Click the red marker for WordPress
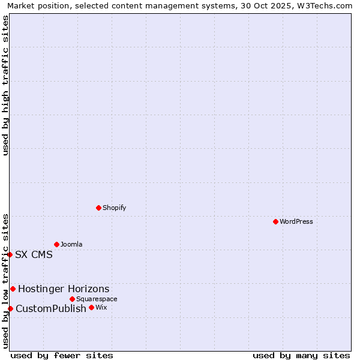click(275, 221)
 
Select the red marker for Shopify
click(98, 208)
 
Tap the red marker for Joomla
click(56, 244)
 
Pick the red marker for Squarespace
click(72, 299)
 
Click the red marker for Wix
click(91, 307)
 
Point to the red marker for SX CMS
click(10, 254)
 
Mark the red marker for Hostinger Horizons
click(13, 289)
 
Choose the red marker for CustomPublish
click(10, 308)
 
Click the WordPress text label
click(296, 221)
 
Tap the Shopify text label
click(114, 208)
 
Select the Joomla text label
click(71, 244)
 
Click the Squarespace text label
click(97, 299)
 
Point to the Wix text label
click(101, 307)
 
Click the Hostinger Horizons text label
click(64, 289)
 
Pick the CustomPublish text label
click(51, 308)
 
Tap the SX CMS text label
click(34, 254)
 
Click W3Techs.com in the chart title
click(325, 5)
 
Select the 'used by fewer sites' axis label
click(62, 355)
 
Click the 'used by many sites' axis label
click(301, 355)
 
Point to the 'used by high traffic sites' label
click(5, 85)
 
